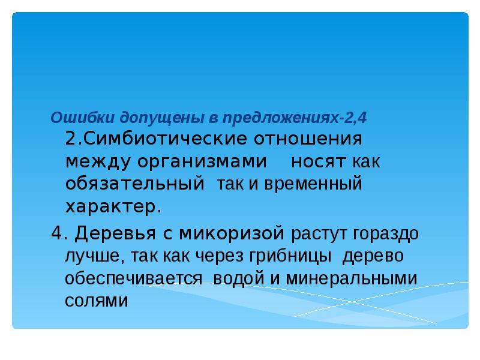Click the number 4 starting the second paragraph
click(x=56, y=234)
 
